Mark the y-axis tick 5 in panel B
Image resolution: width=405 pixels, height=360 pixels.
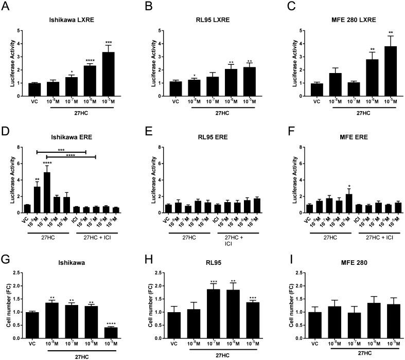pyautogui.click(x=156, y=30)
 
